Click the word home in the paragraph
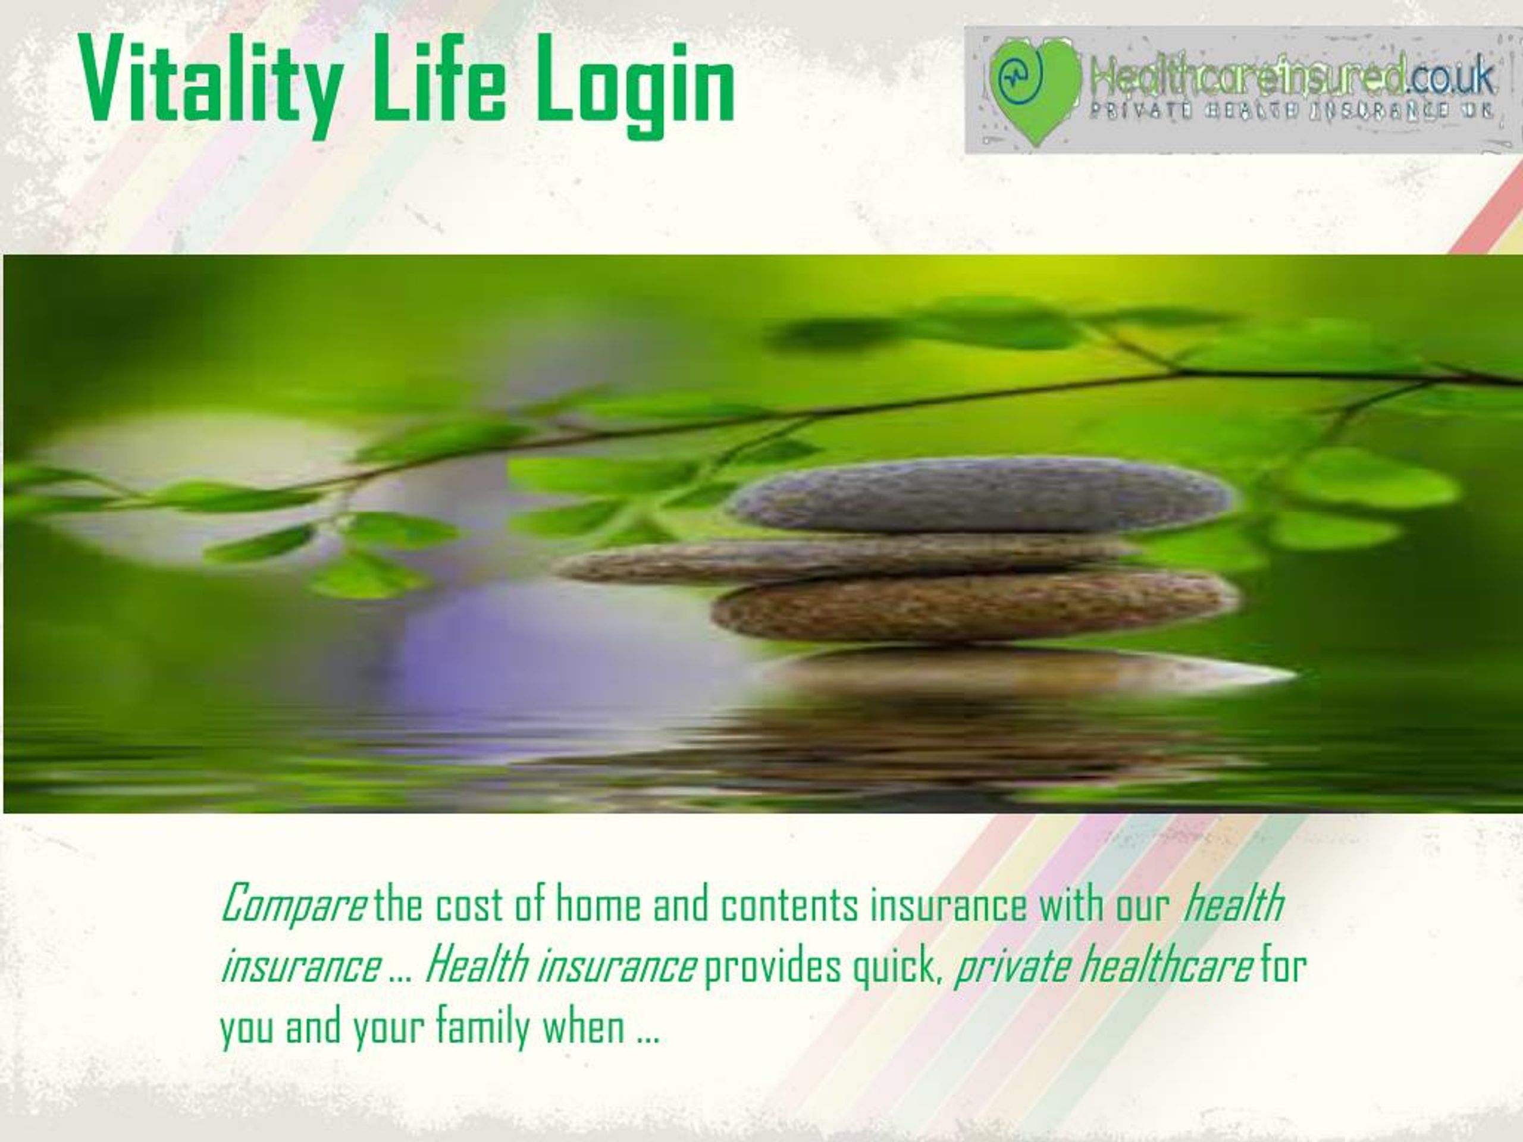[598, 905]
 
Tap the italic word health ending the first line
[1233, 904]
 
